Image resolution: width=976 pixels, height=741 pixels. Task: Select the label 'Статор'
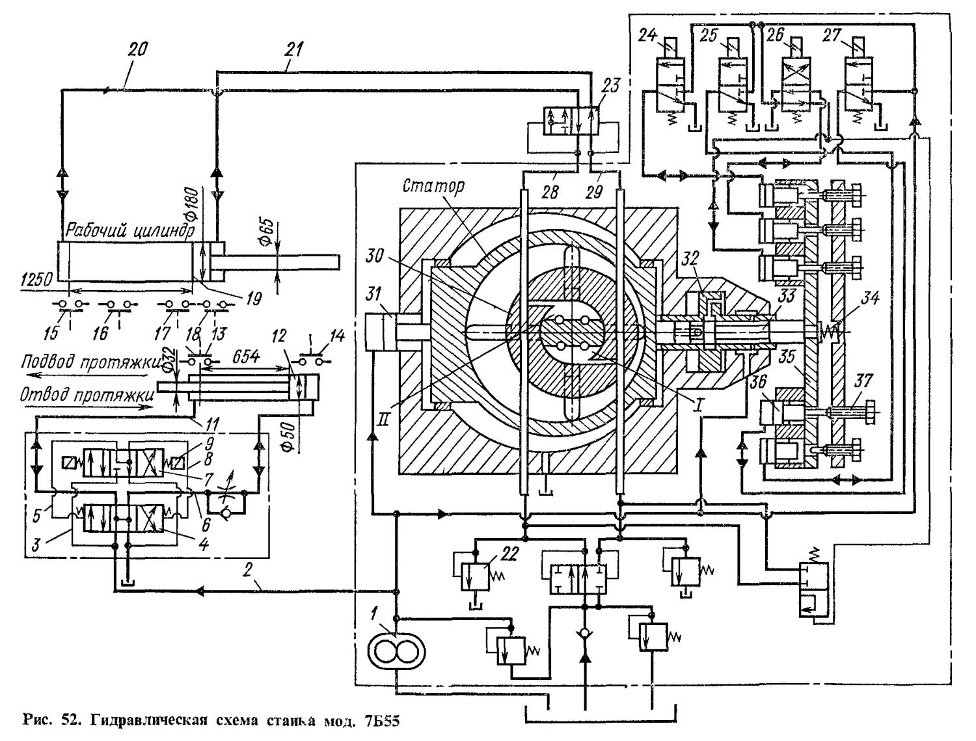(433, 186)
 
